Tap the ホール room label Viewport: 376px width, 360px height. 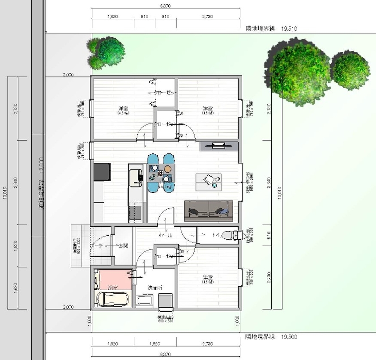click(x=165, y=235)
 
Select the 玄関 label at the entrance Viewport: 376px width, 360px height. click(x=123, y=246)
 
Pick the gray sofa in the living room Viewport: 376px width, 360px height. click(x=209, y=210)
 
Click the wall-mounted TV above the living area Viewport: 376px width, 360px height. click(x=218, y=145)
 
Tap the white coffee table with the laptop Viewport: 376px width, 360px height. click(x=209, y=181)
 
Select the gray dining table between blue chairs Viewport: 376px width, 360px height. click(x=161, y=173)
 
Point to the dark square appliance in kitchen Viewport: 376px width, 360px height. click(x=102, y=172)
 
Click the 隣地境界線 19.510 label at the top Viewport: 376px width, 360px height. click(x=271, y=28)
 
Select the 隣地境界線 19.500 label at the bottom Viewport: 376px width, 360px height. click(x=270, y=336)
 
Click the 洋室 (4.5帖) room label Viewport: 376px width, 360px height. click(x=124, y=110)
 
